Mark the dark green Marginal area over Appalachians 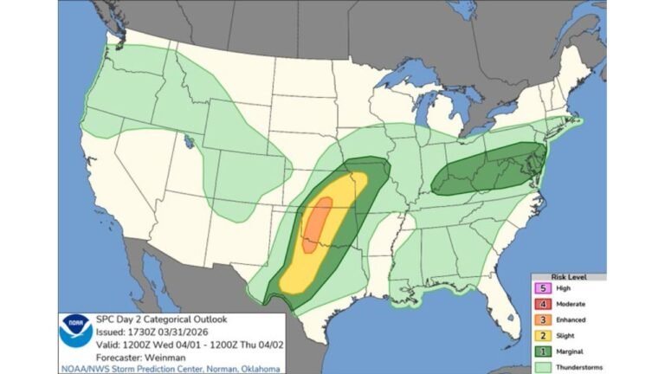(489, 170)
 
